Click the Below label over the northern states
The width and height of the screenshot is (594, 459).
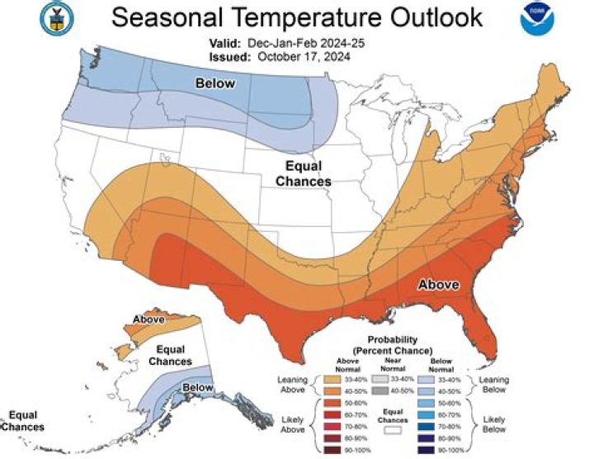click(x=214, y=83)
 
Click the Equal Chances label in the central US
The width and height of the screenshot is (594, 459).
click(x=303, y=173)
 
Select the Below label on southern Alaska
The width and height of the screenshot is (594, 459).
click(x=198, y=387)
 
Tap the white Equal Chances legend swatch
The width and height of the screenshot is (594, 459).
click(x=393, y=430)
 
